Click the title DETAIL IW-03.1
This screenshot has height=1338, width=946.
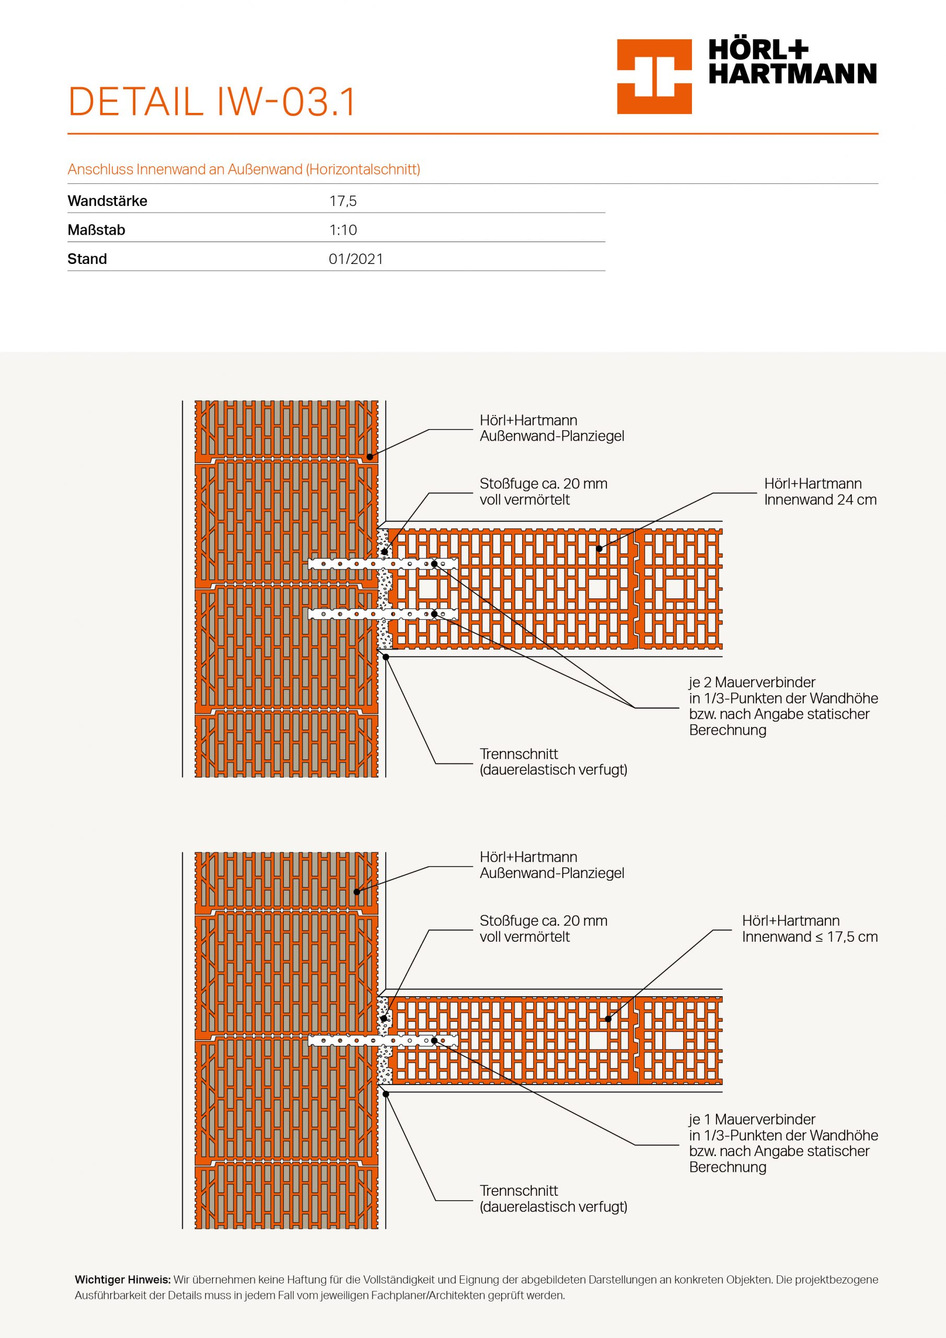coord(212,102)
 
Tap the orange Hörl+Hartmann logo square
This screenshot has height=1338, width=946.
coord(654,76)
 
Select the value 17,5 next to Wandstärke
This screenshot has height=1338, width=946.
coord(343,201)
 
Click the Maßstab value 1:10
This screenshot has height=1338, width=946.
coord(343,229)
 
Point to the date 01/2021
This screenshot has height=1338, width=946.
coord(355,259)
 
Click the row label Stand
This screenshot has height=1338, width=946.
coord(87,259)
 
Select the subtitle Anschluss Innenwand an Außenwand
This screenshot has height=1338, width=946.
coord(244,169)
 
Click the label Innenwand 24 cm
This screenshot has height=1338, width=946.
coord(820,500)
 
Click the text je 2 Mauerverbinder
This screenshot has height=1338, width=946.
coord(752,682)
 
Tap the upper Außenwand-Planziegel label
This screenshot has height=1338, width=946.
coord(551,436)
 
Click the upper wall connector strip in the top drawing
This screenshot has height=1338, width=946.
coord(383,563)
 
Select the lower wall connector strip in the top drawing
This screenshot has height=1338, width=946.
coord(383,614)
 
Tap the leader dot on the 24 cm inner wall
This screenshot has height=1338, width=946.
coord(598,548)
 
